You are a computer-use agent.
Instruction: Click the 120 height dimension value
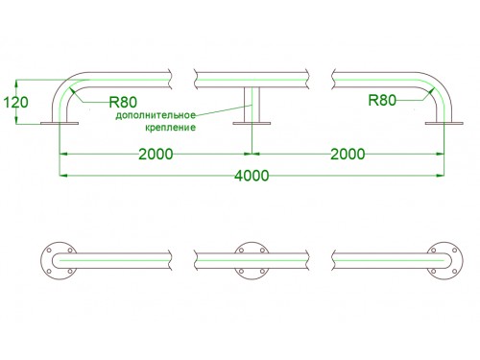click(15, 103)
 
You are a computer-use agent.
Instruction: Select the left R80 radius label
click(123, 103)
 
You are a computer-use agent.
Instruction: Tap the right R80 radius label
click(382, 100)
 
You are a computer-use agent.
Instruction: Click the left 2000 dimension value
click(156, 154)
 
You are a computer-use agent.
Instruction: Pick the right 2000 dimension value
click(348, 154)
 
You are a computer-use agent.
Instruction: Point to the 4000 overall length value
click(252, 176)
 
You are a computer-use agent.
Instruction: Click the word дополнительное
click(156, 115)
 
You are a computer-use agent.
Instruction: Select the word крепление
click(170, 128)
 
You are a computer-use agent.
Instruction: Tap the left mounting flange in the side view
click(60, 123)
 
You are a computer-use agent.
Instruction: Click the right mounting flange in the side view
click(444, 123)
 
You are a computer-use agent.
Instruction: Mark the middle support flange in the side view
click(252, 123)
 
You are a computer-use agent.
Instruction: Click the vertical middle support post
click(252, 105)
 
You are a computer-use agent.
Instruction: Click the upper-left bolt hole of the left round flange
click(49, 251)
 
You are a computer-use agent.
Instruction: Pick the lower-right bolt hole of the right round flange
click(455, 272)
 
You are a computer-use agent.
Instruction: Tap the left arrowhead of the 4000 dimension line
click(63, 176)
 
